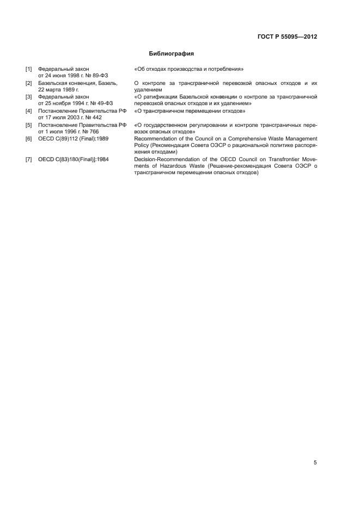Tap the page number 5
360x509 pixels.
pyautogui.click(x=315, y=463)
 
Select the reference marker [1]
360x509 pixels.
pyautogui.click(x=29, y=69)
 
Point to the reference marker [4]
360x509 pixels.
pyautogui.click(x=29, y=111)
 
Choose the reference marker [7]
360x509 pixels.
pyautogui.click(x=29, y=160)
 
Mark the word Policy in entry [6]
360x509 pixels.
pyautogui.click(x=141, y=145)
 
